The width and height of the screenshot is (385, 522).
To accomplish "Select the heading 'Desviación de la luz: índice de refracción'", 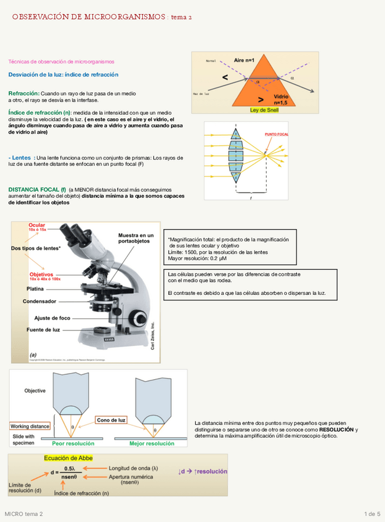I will point(63,74).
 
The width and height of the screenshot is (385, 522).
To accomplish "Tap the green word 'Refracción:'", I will point(23,93).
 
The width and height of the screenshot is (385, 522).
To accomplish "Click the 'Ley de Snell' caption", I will point(264,110).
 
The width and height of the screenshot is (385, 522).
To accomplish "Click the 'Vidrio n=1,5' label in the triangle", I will point(280,100).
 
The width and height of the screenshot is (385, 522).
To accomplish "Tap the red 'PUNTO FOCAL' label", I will point(276,134).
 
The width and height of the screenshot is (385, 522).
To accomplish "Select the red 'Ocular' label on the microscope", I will point(37,226).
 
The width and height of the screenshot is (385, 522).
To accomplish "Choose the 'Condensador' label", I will point(39,301).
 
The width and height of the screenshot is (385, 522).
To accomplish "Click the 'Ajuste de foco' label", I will point(52,318).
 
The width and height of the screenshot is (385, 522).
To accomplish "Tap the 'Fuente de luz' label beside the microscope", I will point(43,329).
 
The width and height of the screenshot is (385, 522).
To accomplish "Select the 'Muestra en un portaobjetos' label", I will point(136,238).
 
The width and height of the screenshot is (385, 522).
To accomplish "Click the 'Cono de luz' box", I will point(111,420).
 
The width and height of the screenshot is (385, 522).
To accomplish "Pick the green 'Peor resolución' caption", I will point(73,443).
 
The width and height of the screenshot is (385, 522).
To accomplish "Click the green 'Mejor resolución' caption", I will point(152,443).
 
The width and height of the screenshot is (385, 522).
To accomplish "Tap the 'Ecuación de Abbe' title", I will point(68,458).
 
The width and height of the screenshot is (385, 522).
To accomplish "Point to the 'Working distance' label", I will point(30,426).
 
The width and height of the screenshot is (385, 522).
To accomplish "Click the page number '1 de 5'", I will point(372,513).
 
